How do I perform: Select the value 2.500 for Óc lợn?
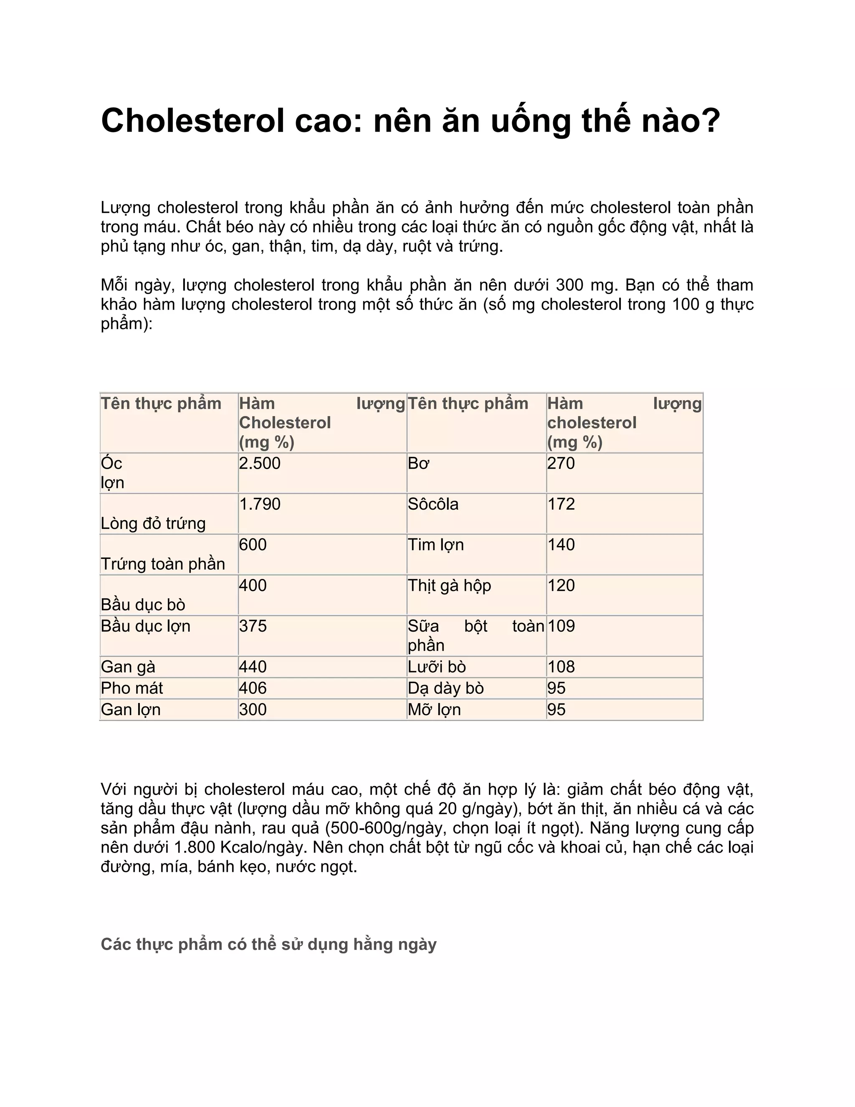click(x=259, y=463)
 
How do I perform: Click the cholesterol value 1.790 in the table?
click(x=259, y=504)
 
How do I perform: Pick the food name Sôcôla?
click(x=433, y=504)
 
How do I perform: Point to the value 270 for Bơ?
click(x=561, y=463)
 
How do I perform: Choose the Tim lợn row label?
click(x=435, y=544)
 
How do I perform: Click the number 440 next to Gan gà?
click(x=253, y=667)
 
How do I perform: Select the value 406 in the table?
click(x=253, y=688)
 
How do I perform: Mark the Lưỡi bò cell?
click(x=437, y=667)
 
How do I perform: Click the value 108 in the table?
click(x=561, y=667)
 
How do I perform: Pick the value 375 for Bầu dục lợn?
click(x=253, y=626)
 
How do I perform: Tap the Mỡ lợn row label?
click(x=434, y=710)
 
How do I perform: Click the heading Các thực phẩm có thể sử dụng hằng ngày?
click(x=268, y=945)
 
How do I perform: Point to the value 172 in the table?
click(x=561, y=504)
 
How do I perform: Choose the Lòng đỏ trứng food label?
click(x=153, y=523)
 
